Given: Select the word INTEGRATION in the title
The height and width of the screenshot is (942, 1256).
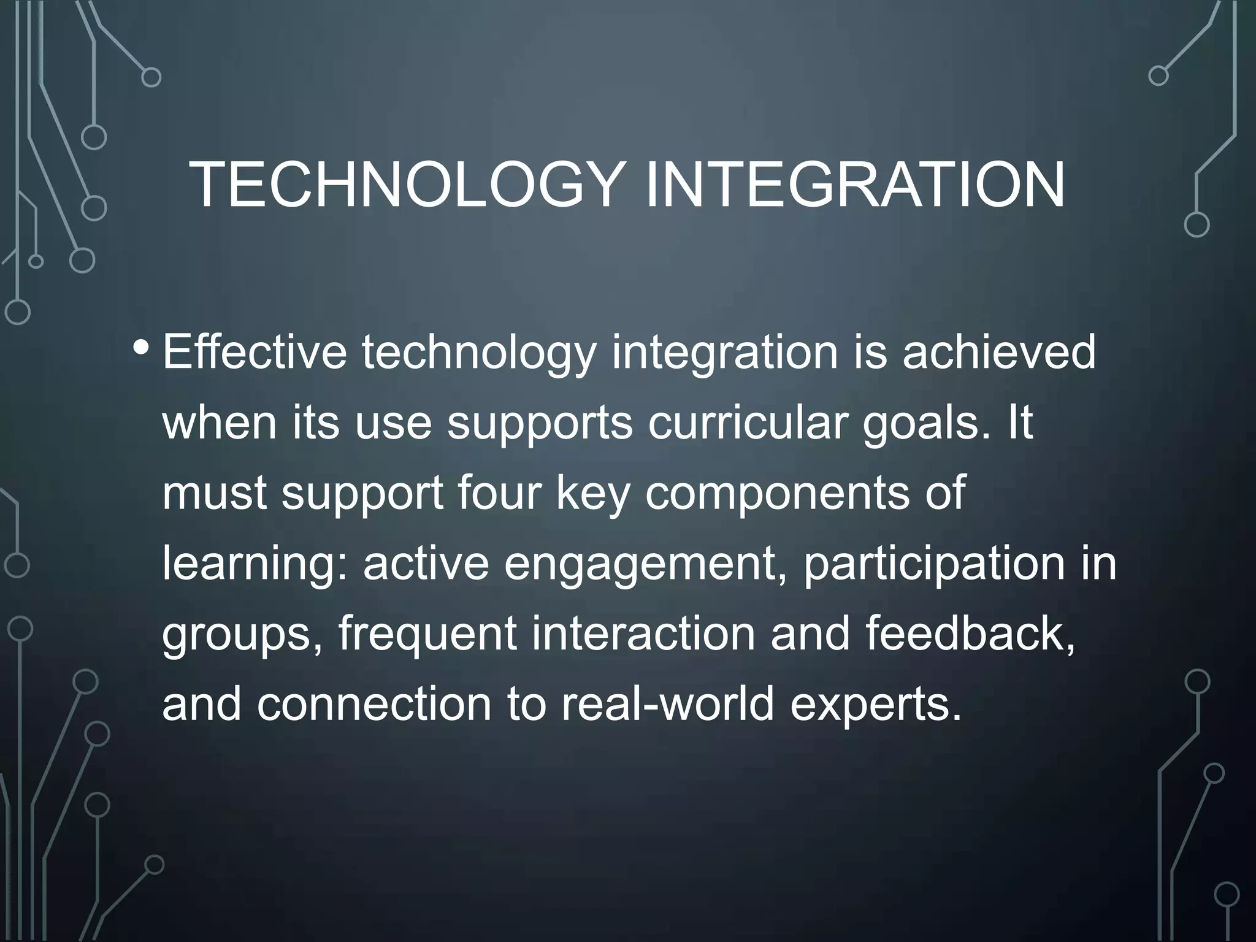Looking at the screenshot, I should point(855,185).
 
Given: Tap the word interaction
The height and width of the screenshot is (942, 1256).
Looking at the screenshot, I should point(643,634).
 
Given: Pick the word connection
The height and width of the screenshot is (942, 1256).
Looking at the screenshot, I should point(374,705).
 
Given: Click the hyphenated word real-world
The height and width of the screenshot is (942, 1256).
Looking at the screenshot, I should point(668,705).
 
